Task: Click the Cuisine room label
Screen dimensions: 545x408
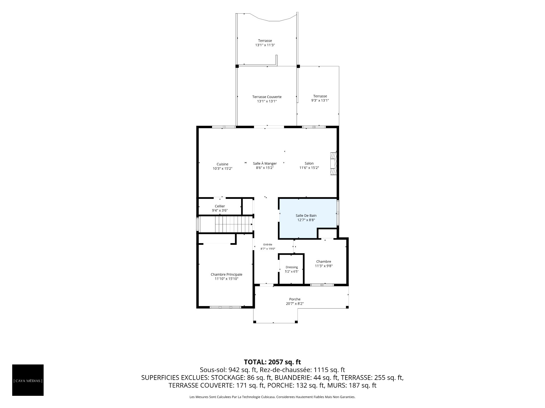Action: tap(223, 164)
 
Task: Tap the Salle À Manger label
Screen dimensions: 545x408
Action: tap(265, 163)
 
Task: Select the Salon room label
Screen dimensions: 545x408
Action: tap(309, 163)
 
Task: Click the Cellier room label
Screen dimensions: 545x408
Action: tap(220, 206)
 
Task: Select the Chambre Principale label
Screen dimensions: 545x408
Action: tap(227, 275)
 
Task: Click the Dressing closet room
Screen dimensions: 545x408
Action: tap(292, 269)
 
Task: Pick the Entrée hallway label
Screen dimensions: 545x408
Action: tap(268, 245)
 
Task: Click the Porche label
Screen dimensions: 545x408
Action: tap(295, 299)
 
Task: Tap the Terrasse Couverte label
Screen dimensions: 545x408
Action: tap(267, 97)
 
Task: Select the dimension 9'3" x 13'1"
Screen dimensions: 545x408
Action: tap(320, 100)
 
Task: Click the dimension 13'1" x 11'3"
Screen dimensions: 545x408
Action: tap(265, 45)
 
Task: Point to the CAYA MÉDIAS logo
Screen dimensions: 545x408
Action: tap(28, 380)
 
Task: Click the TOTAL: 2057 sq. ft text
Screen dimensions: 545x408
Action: tap(272, 362)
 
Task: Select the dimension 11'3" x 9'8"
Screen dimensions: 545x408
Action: tap(324, 266)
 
